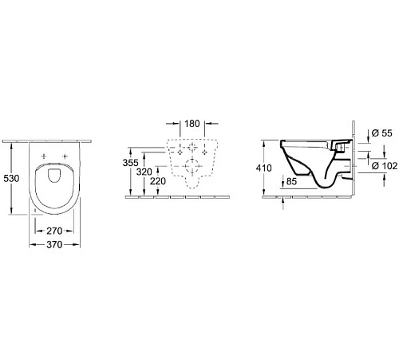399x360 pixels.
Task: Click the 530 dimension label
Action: point(11,178)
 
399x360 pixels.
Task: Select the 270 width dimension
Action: point(54,231)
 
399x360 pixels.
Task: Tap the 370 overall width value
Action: point(54,244)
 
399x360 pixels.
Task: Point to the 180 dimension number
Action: point(192,124)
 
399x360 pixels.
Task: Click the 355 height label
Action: point(131,163)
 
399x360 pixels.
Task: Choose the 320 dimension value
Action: point(144,172)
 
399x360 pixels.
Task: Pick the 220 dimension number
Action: point(158,181)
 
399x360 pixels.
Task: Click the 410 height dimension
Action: point(264,168)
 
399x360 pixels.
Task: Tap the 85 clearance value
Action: point(291,181)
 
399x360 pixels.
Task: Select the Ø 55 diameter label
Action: point(382,133)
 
